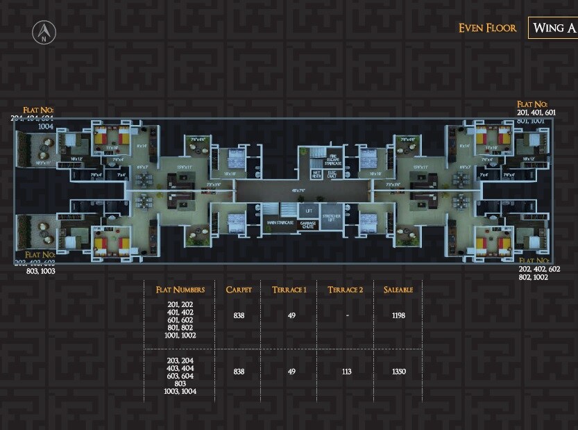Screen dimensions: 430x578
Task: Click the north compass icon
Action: coord(44,32)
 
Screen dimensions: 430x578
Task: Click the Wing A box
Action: coord(553,28)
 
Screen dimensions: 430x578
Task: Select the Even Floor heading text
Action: coord(487,28)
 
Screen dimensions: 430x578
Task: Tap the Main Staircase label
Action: coord(280,223)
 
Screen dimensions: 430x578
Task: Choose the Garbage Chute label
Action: coord(307,224)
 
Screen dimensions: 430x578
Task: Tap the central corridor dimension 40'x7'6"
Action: coord(299,190)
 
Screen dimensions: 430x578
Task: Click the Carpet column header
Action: coord(239,290)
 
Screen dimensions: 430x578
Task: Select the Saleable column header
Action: coord(398,290)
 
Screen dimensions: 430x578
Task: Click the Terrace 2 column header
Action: coord(346,290)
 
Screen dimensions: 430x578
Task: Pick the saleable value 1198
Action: coord(398,315)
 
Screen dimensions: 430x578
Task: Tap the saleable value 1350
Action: coord(398,372)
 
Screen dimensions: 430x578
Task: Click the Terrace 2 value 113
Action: coord(346,372)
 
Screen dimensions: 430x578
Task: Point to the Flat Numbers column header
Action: coord(180,290)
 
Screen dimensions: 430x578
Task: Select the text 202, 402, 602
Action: coord(539,269)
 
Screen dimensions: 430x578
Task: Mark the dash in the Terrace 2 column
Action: coord(346,315)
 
